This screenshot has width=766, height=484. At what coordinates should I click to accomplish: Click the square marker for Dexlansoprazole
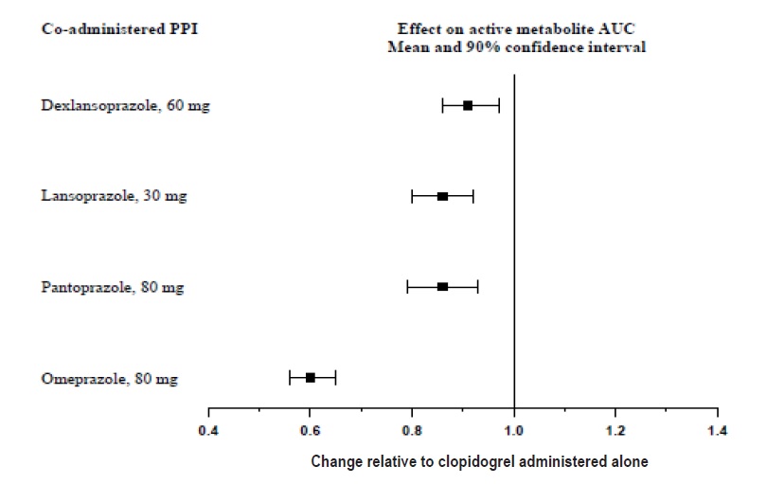click(x=468, y=105)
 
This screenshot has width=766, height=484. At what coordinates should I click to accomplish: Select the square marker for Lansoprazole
click(x=442, y=196)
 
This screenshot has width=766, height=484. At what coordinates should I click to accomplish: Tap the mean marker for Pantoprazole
click(x=442, y=286)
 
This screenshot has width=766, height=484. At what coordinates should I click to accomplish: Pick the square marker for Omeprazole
click(x=310, y=377)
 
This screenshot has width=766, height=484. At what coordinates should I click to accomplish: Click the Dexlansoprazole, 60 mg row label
click(x=125, y=106)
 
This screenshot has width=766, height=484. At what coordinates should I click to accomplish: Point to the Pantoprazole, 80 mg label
click(x=113, y=287)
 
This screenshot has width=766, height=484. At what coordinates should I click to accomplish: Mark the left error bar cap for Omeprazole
click(x=290, y=377)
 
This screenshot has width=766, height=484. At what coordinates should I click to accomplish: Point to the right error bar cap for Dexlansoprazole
click(x=499, y=105)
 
